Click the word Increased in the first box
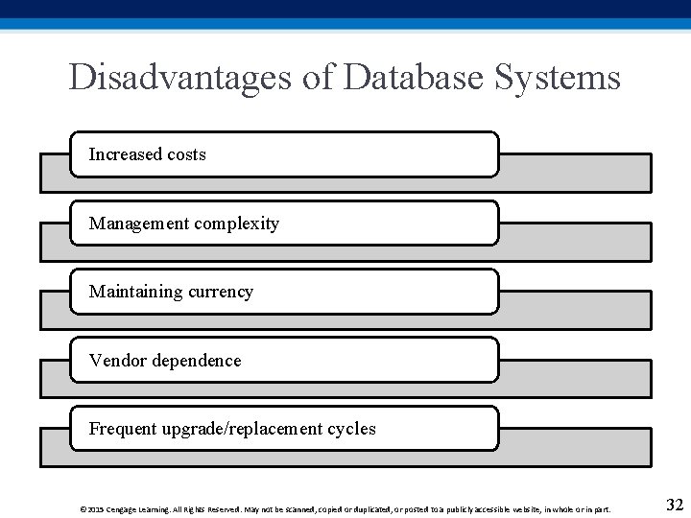[x=125, y=154]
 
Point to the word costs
[x=185, y=154]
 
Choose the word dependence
[x=195, y=361]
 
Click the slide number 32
[x=674, y=505]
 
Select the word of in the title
[x=317, y=77]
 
